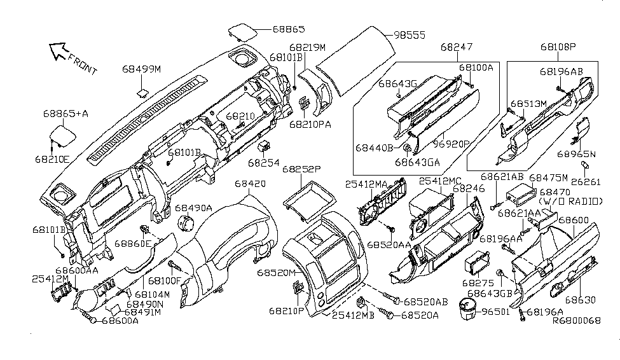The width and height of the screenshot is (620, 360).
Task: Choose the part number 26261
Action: coord(586,181)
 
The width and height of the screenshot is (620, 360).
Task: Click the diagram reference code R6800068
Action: coord(575,321)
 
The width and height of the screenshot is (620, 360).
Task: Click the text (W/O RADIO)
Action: coord(571,201)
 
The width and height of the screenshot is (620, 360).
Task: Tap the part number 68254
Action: coord(264,163)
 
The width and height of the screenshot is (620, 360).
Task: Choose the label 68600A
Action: coord(120,321)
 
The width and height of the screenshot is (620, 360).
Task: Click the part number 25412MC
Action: coord(440,181)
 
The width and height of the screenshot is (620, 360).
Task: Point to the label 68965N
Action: coord(576,154)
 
